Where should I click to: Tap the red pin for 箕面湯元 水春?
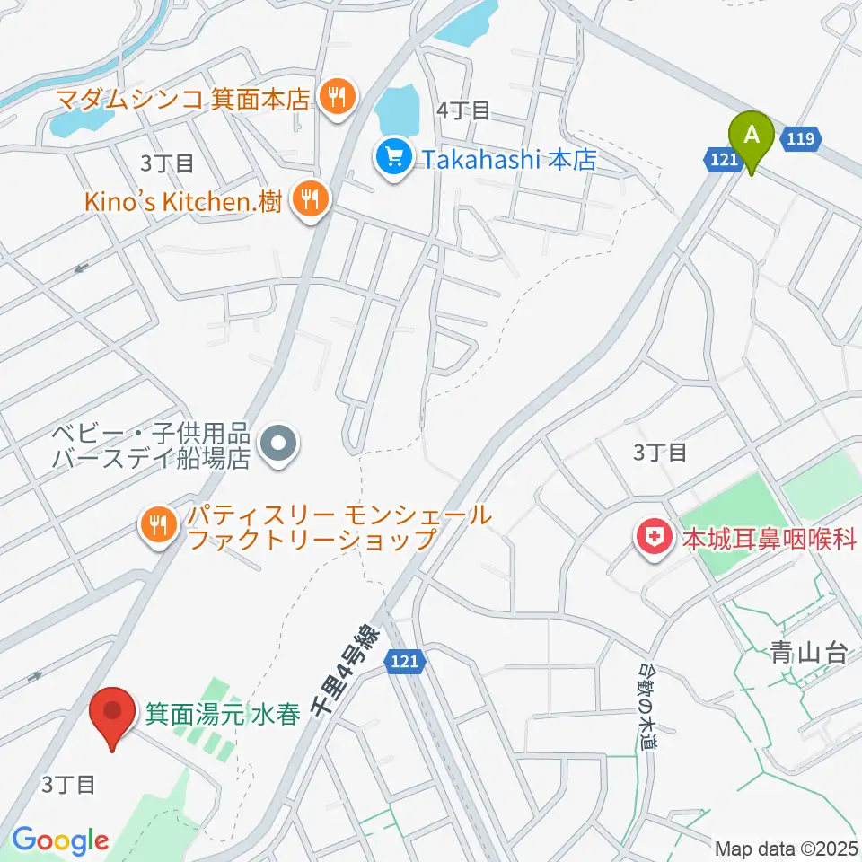(113, 712)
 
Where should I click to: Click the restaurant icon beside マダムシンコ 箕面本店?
(338, 96)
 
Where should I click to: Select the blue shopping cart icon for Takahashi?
(392, 160)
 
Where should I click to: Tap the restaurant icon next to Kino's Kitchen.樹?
(311, 200)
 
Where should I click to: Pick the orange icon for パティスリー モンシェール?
(159, 526)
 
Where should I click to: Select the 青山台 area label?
(808, 653)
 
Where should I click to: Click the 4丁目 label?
(462, 111)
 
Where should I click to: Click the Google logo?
(60, 840)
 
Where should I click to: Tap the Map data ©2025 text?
(786, 848)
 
